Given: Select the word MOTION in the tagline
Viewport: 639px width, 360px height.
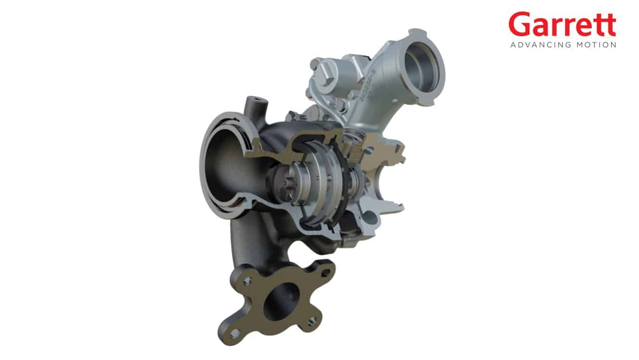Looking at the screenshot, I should [596, 45].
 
